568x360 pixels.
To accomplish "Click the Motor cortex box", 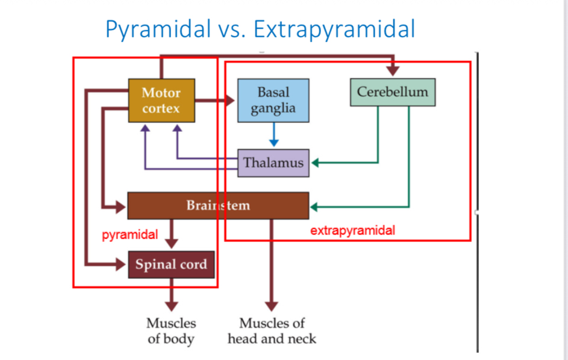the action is [161, 101].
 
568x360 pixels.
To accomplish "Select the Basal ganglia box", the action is [273, 101].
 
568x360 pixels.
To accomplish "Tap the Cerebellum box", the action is [393, 92].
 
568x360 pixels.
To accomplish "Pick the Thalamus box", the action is [273, 163].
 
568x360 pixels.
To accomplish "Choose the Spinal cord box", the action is [171, 264].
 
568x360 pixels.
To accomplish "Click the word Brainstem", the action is [218, 205].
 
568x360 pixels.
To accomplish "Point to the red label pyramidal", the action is [130, 235].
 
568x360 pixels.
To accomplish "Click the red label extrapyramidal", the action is [352, 231].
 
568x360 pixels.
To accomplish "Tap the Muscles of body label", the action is [171, 331].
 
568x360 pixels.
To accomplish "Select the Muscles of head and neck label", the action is [272, 331].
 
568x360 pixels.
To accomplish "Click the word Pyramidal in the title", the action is [158, 29].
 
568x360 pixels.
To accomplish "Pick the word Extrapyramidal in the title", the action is [334, 29].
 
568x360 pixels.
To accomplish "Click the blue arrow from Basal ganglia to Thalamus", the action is [274, 134].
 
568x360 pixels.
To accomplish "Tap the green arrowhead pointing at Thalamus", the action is [315, 163].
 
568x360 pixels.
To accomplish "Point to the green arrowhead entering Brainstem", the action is [314, 207].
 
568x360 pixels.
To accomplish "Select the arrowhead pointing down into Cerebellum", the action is [393, 71].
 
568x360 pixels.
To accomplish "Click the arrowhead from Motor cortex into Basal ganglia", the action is [230, 101].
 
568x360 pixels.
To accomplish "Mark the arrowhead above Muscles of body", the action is [171, 306].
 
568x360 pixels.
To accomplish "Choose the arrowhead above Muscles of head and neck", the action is [271, 306].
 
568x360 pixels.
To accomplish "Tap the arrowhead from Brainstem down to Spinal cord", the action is [171, 244].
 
